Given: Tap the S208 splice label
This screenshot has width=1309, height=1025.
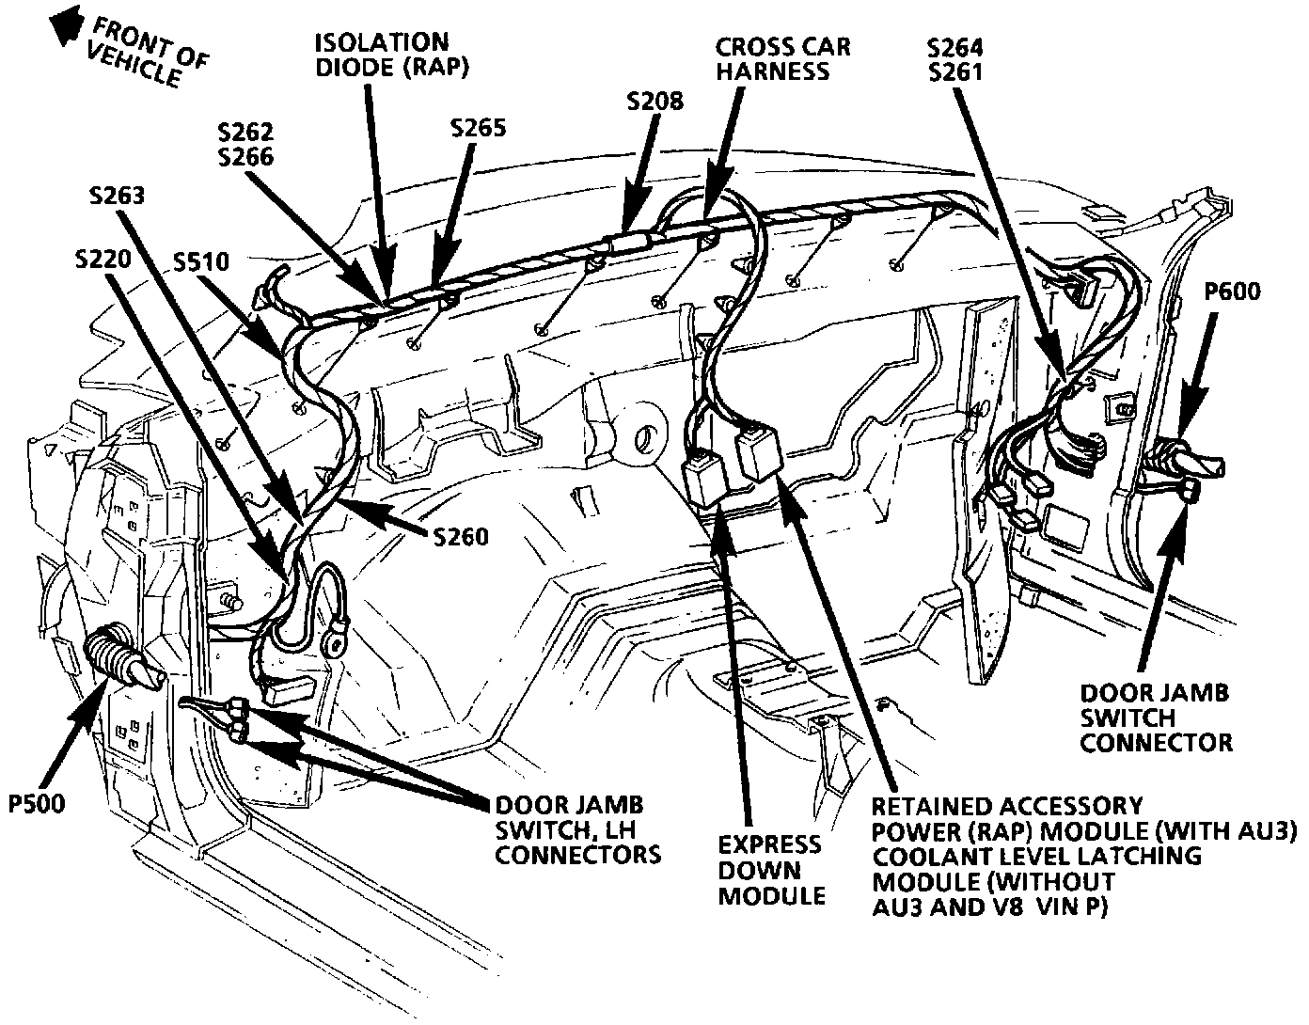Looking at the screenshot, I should pos(655,101).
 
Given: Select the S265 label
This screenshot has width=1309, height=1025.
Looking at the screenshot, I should pos(478,128).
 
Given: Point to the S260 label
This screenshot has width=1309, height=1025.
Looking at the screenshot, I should pos(460,536).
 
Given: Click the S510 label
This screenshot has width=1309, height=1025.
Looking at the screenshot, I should pos(200,260).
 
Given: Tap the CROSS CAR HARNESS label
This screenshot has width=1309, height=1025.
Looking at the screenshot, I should pos(782,58).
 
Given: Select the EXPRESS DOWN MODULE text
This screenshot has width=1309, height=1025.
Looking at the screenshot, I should pos(771,870).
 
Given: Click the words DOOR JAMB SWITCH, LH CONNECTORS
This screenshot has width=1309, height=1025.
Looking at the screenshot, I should pos(576,829).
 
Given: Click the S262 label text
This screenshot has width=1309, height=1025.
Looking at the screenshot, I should pos(245,133).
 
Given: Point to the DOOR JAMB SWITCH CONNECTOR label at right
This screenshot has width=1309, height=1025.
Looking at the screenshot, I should pos(1155,717).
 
